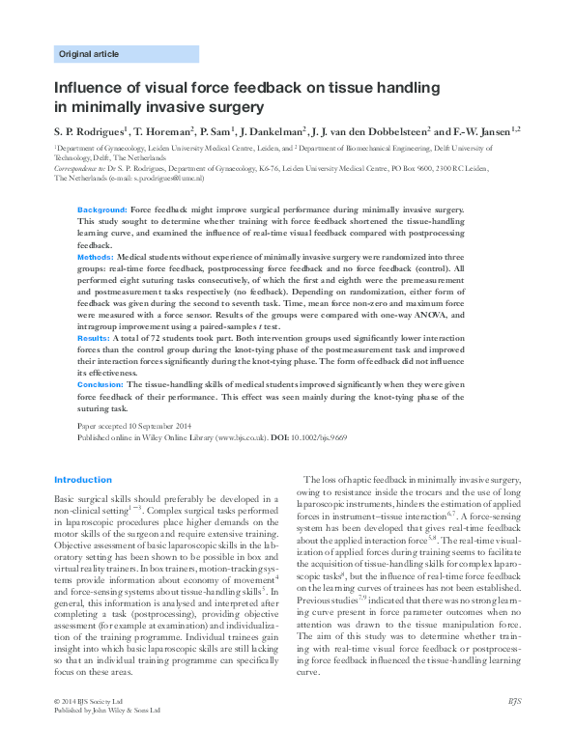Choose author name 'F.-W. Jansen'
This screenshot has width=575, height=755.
tap(483, 130)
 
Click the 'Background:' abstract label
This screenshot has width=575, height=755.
tap(101, 209)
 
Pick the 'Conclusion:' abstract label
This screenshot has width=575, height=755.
tap(101, 383)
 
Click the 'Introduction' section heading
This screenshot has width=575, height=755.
tap(83, 480)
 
